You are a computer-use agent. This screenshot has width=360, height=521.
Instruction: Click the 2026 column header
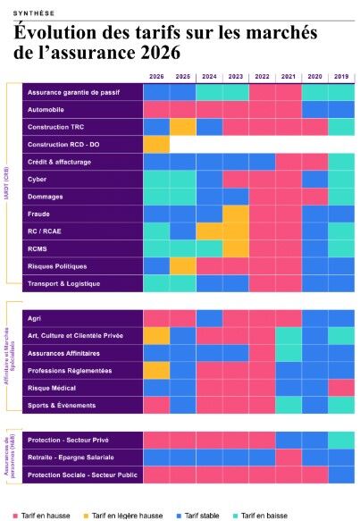tap(156, 77)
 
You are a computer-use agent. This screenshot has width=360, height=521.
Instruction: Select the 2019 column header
tap(340, 77)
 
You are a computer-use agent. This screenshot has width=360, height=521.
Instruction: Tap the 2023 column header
tap(235, 77)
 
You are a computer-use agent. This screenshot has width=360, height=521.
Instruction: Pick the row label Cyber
tap(38, 178)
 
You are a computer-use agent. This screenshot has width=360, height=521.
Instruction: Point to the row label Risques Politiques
tap(60, 265)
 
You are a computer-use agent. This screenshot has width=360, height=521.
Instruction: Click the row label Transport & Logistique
tap(64, 283)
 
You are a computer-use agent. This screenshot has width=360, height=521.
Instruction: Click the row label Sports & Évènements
tap(63, 405)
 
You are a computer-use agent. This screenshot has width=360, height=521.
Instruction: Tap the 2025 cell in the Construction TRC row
tap(183, 126)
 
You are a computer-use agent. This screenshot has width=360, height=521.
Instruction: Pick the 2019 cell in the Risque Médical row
tap(340, 387)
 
